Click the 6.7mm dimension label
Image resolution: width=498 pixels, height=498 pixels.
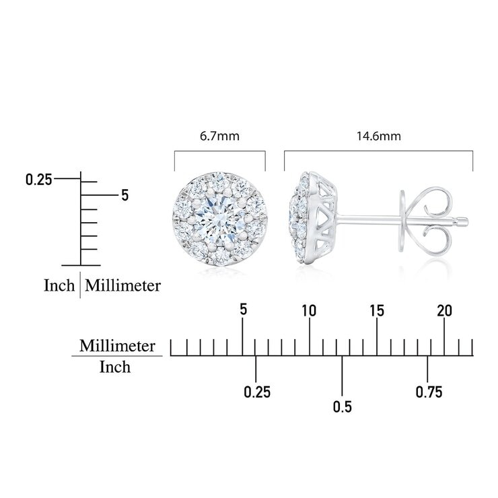tap(219, 136)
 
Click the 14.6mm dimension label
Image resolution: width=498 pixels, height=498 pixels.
tap(379, 136)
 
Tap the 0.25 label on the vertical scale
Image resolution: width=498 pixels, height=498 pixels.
tap(39, 180)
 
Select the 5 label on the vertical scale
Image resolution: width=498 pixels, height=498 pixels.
tap(125, 195)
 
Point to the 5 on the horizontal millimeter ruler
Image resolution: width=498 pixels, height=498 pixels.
tap(244, 310)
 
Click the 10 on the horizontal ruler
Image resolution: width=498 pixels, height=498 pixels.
tap(309, 311)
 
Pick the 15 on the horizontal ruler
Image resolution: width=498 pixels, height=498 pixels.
tap(377, 311)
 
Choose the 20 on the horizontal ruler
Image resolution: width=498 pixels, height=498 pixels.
tap(444, 311)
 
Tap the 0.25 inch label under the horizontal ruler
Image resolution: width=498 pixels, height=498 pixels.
tap(257, 392)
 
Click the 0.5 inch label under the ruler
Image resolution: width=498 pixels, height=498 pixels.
tap(343, 407)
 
